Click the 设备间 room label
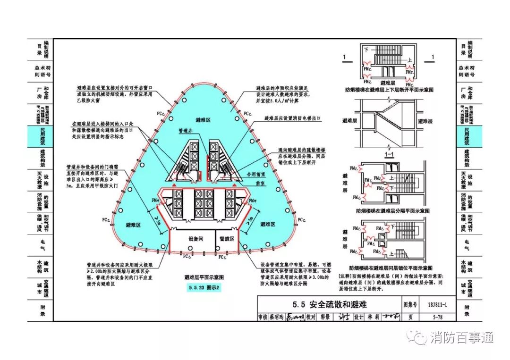pos(195,239)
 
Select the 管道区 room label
pos(226,239)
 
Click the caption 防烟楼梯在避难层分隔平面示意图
pos(389,212)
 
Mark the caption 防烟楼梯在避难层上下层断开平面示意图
pos(389,89)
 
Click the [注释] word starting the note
pos(346,275)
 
